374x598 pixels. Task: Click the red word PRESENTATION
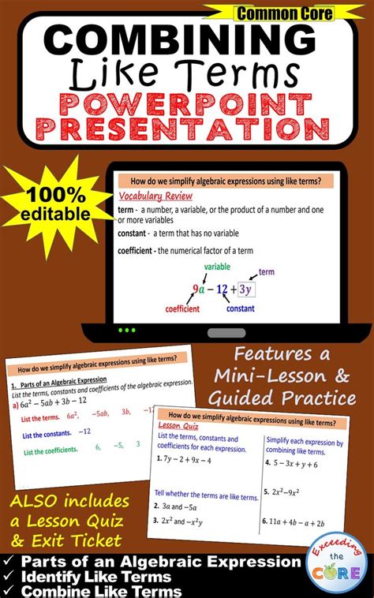pyautogui.click(x=186, y=128)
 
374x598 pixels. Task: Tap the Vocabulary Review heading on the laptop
pyautogui.click(x=162, y=197)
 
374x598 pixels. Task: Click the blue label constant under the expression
pyautogui.click(x=241, y=308)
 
